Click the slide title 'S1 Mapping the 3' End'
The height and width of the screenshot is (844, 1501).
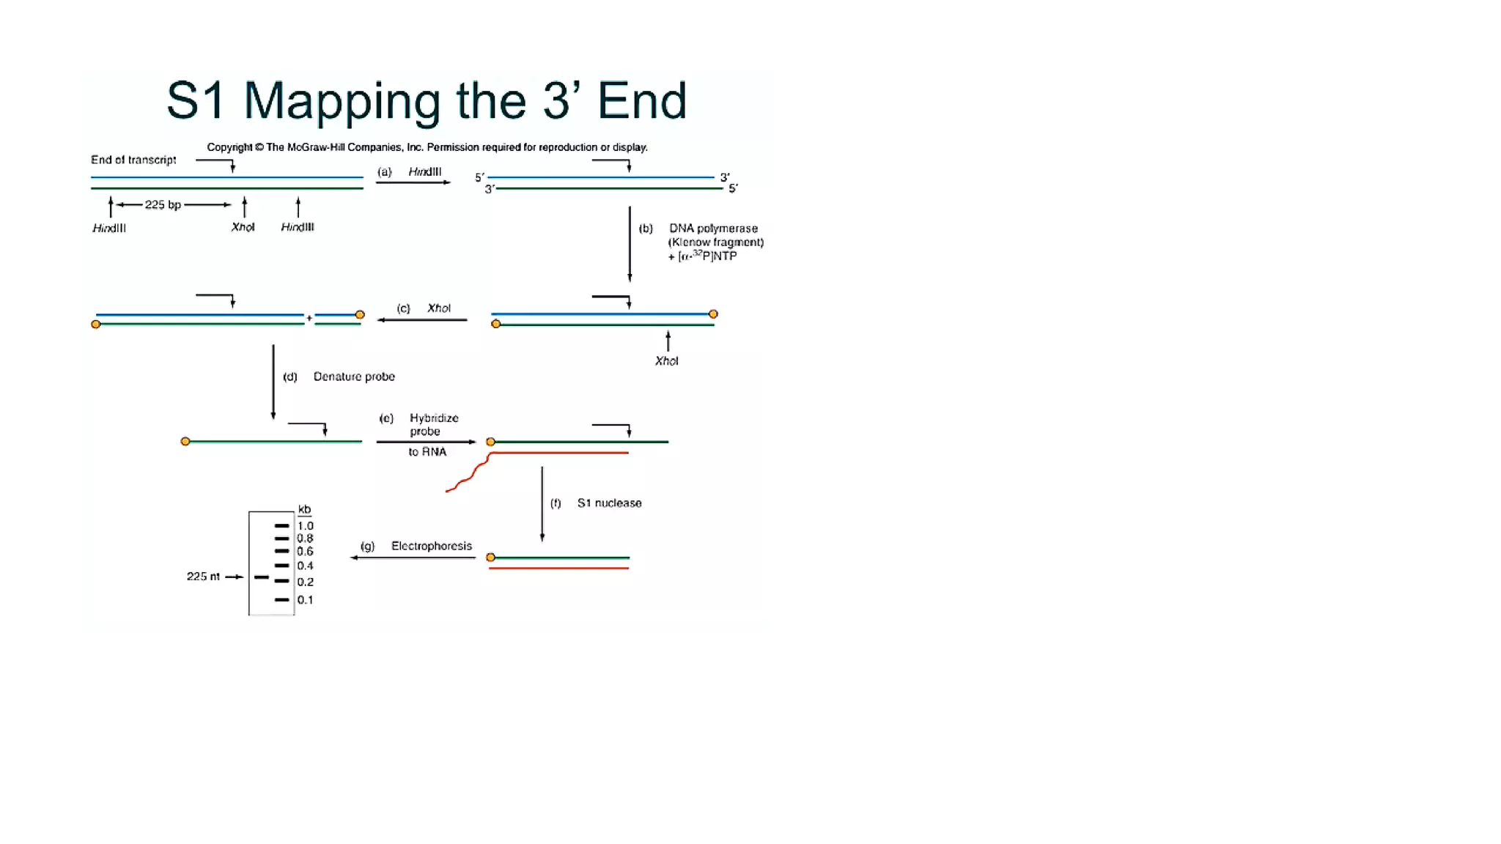point(426,100)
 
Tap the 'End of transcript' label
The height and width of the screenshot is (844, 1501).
point(133,160)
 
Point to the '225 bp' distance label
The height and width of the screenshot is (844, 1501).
point(163,204)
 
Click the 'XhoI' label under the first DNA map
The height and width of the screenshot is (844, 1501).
point(243,227)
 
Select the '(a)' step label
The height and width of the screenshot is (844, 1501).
point(384,172)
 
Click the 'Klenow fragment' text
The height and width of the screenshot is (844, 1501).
point(715,243)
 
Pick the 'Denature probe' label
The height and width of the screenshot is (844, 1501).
point(354,377)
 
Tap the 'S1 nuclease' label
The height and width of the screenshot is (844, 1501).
point(609,503)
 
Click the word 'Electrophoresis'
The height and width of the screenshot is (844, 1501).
point(431,546)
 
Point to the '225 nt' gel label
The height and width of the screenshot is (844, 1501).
point(203,577)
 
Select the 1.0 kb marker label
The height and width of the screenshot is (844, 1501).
point(305,526)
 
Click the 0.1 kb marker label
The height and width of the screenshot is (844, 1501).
point(305,600)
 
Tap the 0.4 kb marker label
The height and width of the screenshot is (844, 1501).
point(305,566)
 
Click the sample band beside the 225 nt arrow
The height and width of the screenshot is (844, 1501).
point(262,577)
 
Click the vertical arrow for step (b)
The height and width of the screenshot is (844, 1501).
point(630,243)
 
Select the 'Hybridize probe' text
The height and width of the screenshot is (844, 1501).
point(433,425)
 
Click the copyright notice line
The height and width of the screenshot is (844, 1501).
point(427,147)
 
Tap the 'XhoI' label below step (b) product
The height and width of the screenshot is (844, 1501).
point(666,361)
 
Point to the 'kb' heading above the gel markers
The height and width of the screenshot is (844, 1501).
point(304,509)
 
